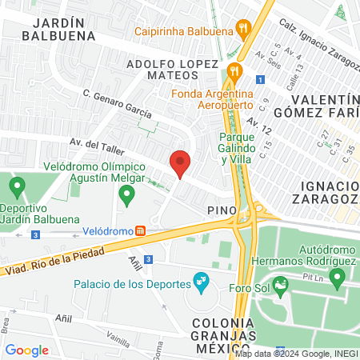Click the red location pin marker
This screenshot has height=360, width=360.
tap(181, 164)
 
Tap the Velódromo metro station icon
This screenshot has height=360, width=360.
tap(141, 231)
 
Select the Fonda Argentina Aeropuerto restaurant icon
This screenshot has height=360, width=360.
tap(234, 70)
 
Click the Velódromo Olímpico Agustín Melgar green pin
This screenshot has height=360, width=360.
tap(126, 194)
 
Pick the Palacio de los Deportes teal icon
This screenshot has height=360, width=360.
tap(201, 282)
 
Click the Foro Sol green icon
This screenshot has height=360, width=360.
tap(281, 284)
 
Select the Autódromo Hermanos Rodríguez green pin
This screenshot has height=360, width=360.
tap(337, 278)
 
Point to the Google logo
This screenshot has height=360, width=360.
tap(27, 350)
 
